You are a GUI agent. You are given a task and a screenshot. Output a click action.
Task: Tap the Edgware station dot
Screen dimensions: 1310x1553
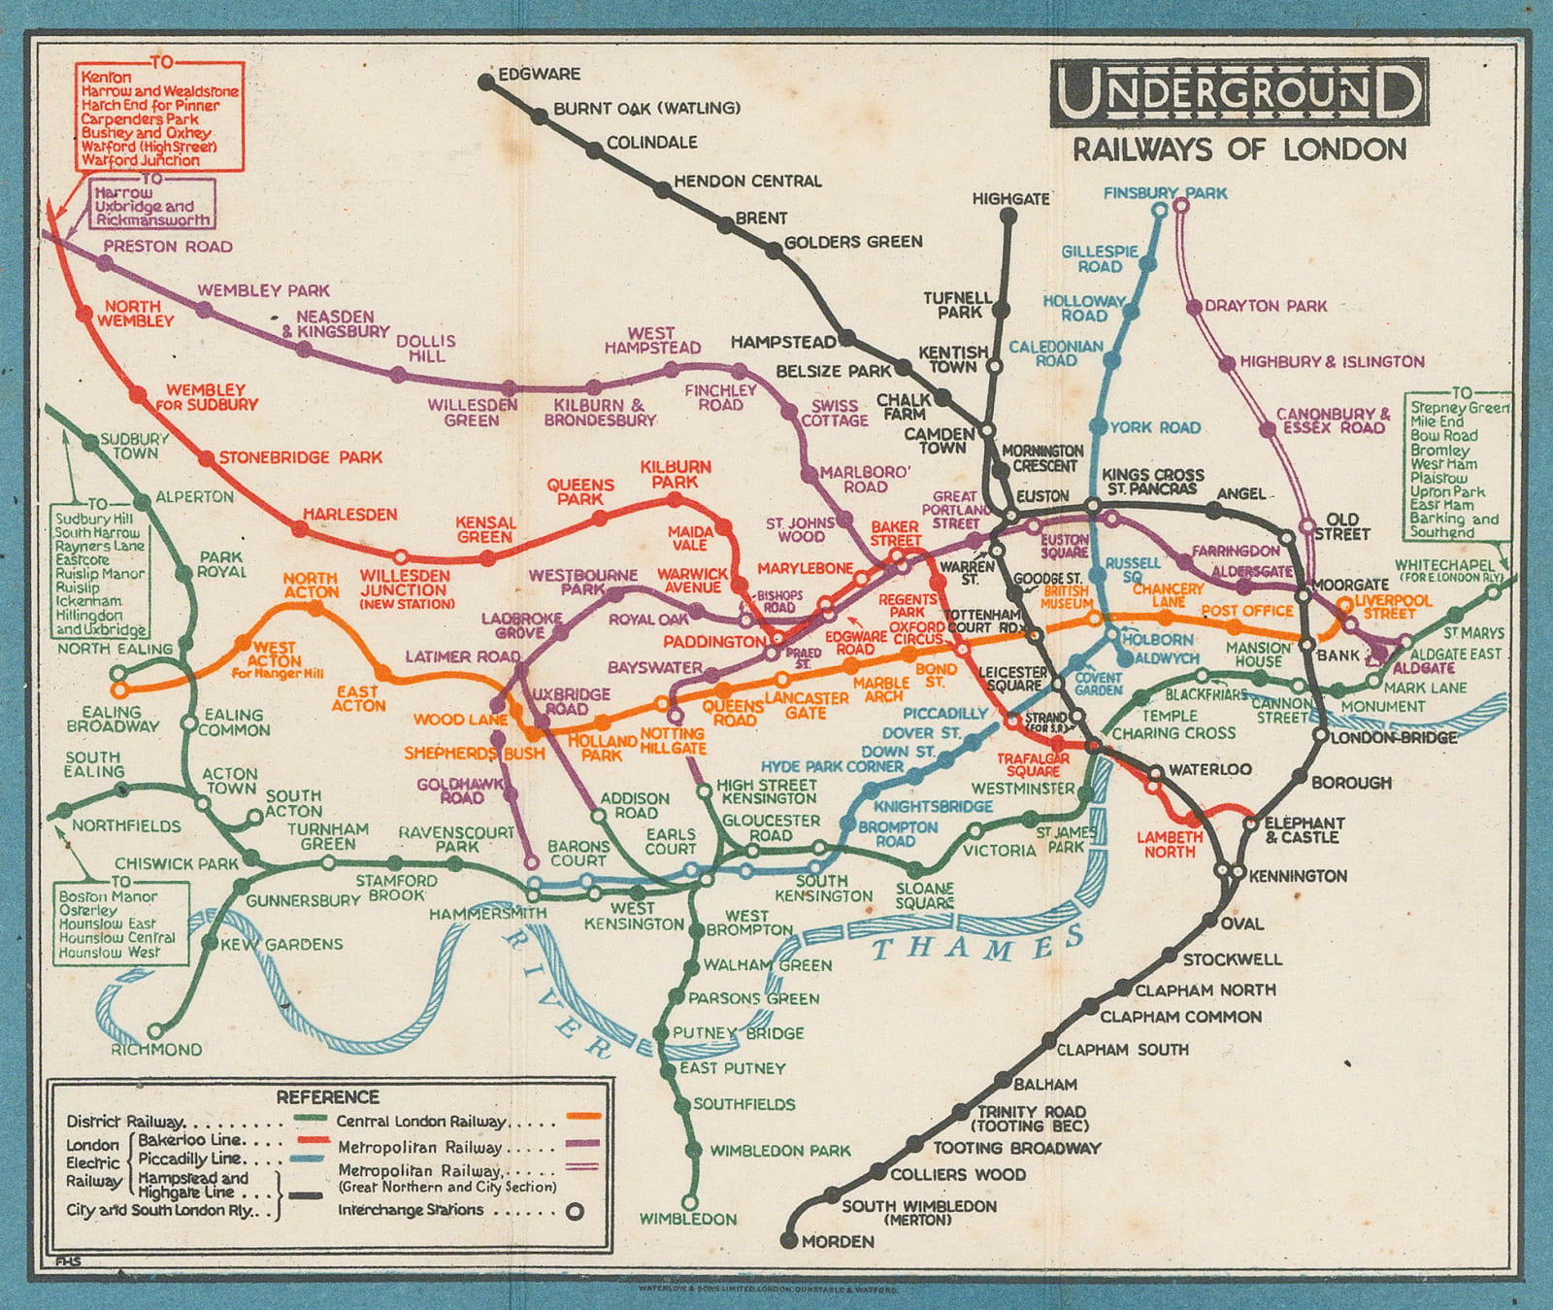486,83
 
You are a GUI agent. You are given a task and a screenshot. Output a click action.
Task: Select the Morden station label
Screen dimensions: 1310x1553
838,1241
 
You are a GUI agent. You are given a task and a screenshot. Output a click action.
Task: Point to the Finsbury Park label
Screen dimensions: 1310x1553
1165,193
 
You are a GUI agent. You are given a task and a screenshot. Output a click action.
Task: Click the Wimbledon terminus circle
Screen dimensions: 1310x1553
689,1201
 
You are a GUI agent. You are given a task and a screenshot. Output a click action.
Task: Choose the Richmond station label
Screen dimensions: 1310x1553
156,1050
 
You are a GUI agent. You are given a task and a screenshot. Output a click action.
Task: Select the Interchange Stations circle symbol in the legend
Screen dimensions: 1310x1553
575,1211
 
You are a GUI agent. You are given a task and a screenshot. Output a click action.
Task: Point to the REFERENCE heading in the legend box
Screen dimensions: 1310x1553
327,1096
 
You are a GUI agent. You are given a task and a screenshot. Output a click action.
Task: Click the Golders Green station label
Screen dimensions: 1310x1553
853,242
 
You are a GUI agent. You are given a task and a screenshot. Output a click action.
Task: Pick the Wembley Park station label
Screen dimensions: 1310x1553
263,290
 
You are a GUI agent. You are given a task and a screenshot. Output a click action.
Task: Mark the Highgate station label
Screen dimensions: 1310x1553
1010,199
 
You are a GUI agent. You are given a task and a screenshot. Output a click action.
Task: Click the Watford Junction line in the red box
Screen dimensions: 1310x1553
141,160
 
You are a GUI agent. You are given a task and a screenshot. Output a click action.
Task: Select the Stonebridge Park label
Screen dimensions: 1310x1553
300,457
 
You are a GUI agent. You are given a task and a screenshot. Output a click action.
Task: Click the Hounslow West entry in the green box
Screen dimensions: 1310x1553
110,953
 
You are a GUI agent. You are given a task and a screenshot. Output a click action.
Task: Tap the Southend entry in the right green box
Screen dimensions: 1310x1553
1441,532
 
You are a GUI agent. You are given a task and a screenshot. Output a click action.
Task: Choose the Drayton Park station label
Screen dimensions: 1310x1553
1266,306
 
